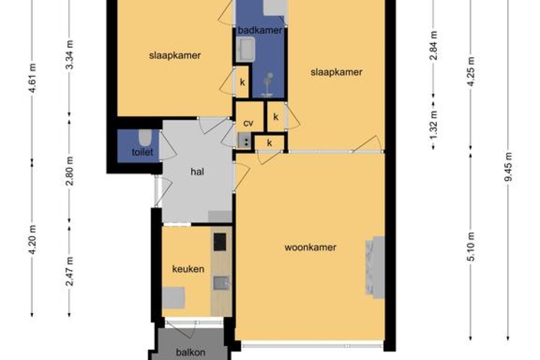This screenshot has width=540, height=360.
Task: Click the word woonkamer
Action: (x=310, y=247)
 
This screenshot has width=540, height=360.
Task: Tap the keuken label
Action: (x=188, y=269)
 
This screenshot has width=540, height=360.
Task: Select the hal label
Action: (x=197, y=172)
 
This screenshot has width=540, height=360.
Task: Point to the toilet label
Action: (x=143, y=152)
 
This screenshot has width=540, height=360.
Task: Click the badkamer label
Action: (x=260, y=31)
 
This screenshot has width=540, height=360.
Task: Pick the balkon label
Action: (x=191, y=352)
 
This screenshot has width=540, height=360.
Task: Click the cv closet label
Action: (x=248, y=123)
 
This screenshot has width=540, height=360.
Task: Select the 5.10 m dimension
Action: (x=470, y=247)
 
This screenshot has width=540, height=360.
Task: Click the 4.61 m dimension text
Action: (x=32, y=78)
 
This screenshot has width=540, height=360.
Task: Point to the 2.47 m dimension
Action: (x=69, y=271)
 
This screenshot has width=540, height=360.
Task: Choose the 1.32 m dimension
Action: (x=433, y=126)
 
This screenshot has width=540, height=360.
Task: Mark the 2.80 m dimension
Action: (x=69, y=171)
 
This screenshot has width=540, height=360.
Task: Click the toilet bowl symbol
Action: (x=145, y=138)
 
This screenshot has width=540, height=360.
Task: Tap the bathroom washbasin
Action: (x=246, y=49)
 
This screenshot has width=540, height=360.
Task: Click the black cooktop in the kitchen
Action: (x=220, y=242)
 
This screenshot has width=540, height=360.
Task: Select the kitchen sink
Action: (x=220, y=283)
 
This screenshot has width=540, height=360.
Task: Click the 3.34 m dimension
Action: (x=69, y=55)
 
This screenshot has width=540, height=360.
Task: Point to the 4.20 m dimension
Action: (x=32, y=239)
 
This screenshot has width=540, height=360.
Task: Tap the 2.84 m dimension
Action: (x=433, y=45)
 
